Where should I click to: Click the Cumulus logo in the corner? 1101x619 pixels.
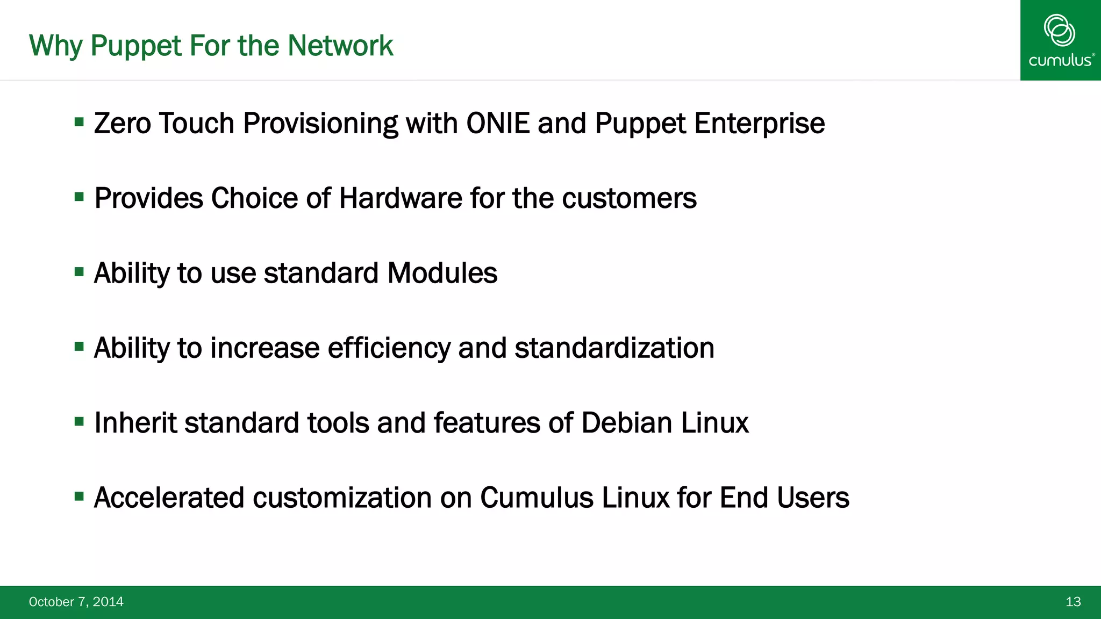(1060, 40)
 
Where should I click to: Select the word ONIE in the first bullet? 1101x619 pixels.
(498, 124)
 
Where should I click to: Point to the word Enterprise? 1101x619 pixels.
(759, 124)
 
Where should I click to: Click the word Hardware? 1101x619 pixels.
(401, 198)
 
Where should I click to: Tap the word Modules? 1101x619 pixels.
(442, 273)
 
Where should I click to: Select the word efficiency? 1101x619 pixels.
(389, 348)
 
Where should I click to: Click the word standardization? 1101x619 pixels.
(614, 348)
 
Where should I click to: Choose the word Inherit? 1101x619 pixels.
(135, 423)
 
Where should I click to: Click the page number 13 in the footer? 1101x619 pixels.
(1073, 602)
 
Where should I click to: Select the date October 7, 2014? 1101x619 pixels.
(76, 602)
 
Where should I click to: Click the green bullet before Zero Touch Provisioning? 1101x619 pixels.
(80, 122)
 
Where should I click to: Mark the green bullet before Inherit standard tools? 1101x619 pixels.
(80, 421)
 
